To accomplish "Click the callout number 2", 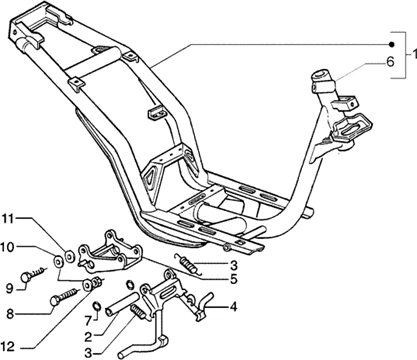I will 88,336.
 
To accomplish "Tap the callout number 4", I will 233,305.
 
